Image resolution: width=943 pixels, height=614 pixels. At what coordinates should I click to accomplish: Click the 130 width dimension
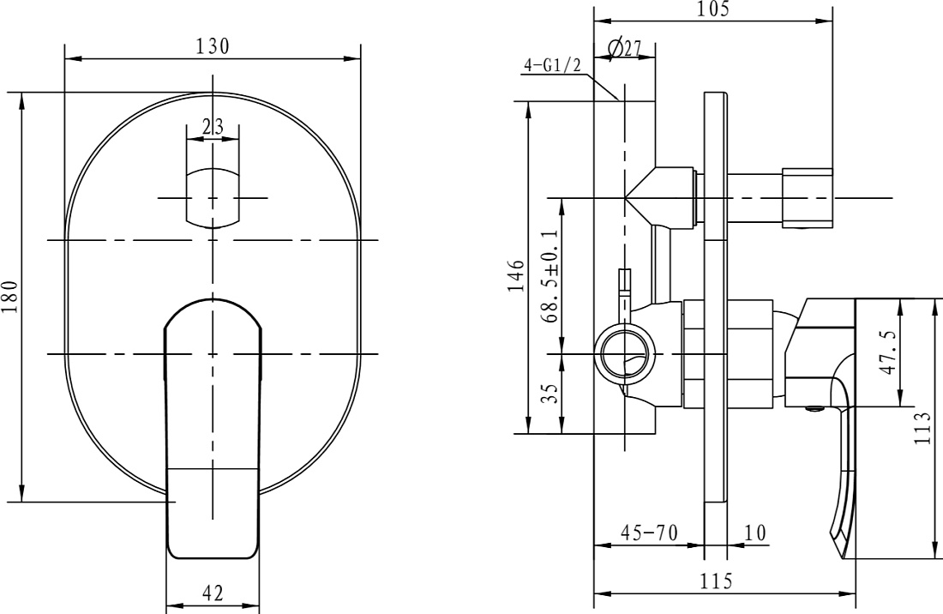pyautogui.click(x=213, y=46)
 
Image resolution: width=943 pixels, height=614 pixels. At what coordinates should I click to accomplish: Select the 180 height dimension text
pyautogui.click(x=10, y=297)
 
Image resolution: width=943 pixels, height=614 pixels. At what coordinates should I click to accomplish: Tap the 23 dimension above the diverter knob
pyautogui.click(x=213, y=127)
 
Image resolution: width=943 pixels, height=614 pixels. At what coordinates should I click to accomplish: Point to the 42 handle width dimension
pyautogui.click(x=213, y=593)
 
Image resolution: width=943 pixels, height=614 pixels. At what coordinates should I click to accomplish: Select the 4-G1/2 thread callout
pyautogui.click(x=553, y=65)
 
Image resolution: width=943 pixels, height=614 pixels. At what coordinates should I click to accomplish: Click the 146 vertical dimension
pyautogui.click(x=517, y=276)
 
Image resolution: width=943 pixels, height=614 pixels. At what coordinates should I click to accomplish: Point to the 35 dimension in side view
pyautogui.click(x=550, y=394)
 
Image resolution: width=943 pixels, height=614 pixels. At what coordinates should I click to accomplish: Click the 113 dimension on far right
pyautogui.click(x=922, y=428)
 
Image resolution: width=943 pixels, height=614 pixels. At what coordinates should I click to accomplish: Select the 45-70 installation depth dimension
pyautogui.click(x=649, y=533)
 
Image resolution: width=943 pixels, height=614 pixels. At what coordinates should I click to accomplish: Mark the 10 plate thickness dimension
pyautogui.click(x=755, y=533)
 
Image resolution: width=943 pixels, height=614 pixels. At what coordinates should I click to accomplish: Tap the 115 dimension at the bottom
pyautogui.click(x=717, y=581)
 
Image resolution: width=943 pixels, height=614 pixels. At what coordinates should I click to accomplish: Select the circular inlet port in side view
pyautogui.click(x=626, y=353)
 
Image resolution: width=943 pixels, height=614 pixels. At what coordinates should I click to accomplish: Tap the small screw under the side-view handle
pyautogui.click(x=815, y=409)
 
